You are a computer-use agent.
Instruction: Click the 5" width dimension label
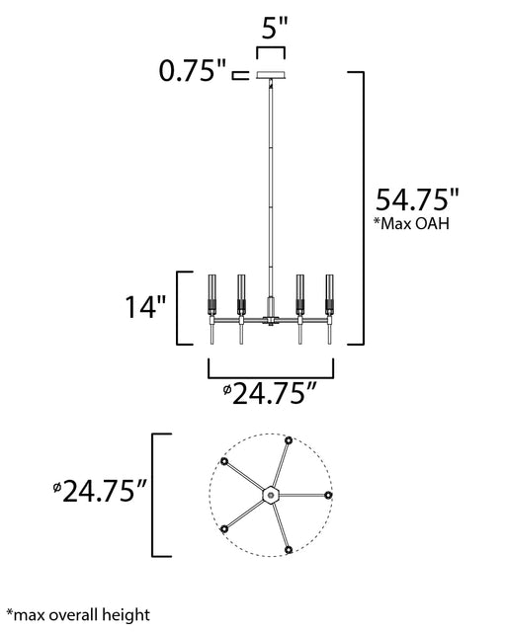pyautogui.click(x=275, y=28)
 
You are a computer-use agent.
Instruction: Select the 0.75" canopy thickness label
pyautogui.click(x=193, y=71)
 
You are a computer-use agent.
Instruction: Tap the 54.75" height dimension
pyautogui.click(x=417, y=199)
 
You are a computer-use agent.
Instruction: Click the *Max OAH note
pyautogui.click(x=411, y=223)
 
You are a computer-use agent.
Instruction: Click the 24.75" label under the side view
pyautogui.click(x=269, y=394)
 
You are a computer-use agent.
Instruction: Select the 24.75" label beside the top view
pyautogui.click(x=99, y=492)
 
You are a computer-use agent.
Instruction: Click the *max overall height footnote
pyautogui.click(x=78, y=615)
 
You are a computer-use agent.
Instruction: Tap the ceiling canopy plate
pyautogui.click(x=271, y=75)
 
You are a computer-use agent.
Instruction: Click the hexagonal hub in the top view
pyautogui.click(x=271, y=495)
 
